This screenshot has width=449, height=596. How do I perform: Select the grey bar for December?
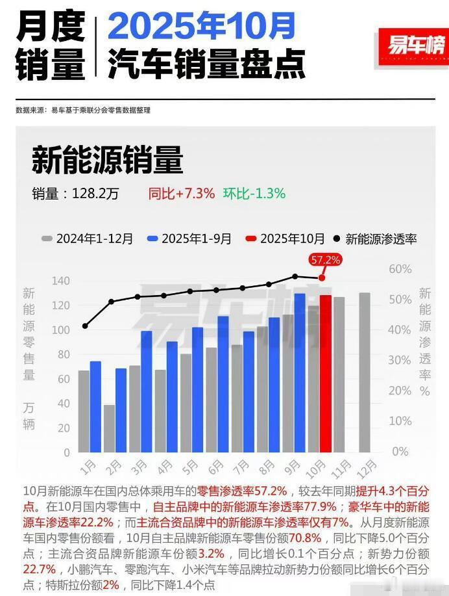click(x=365, y=372)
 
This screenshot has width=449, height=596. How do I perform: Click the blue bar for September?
click(x=300, y=373)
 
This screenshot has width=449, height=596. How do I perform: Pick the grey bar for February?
click(x=109, y=428)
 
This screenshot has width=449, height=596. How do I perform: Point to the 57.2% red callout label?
click(x=326, y=259)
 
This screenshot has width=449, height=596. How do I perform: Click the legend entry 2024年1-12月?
click(x=88, y=239)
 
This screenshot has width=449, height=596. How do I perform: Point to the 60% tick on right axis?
click(x=400, y=269)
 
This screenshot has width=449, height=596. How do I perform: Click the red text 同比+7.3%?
click(x=182, y=193)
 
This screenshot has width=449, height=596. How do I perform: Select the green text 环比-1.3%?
click(x=254, y=193)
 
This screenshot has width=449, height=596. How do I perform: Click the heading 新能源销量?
click(x=107, y=160)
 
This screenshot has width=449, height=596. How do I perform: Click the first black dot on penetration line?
click(x=85, y=326)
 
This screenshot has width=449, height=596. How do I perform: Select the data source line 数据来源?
click(x=83, y=110)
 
